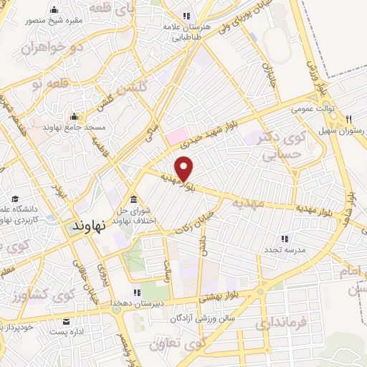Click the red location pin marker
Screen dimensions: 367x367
click(x=185, y=168)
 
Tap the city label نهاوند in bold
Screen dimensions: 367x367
click(x=90, y=224)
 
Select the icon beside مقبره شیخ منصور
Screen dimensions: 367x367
click(x=55, y=10)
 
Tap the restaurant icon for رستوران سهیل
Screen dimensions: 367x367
click(x=348, y=120)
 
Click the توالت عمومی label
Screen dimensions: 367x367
click(x=309, y=110)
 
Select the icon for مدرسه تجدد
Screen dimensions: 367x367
click(x=285, y=239)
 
